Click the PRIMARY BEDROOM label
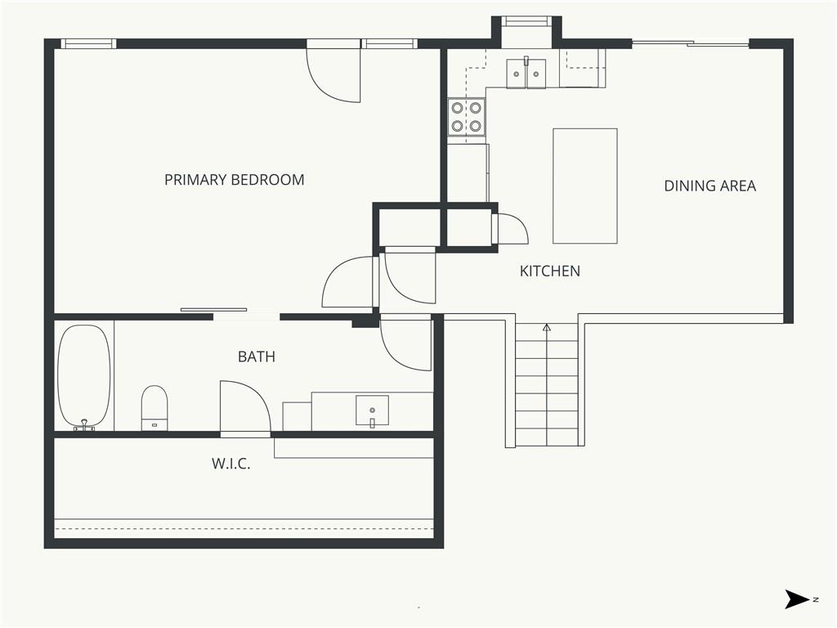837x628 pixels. point(235,179)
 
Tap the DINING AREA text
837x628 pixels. point(710,186)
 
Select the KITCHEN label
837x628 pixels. point(550,271)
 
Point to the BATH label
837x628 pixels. point(257,357)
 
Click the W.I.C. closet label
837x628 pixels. point(231,464)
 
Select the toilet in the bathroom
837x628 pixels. point(154,408)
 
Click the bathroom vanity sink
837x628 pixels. point(372,411)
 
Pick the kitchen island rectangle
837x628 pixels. point(585,186)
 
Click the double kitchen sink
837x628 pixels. point(526,73)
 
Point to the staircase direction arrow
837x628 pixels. point(547,327)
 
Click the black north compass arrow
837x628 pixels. point(797,599)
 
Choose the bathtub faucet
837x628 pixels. point(84,425)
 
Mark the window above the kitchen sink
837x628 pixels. point(527,20)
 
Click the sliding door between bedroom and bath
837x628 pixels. point(213,309)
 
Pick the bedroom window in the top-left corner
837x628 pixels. point(88,44)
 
